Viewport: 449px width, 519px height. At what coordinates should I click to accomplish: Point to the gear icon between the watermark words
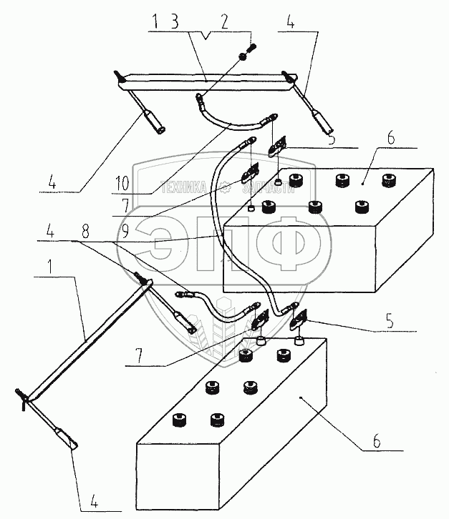223,188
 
